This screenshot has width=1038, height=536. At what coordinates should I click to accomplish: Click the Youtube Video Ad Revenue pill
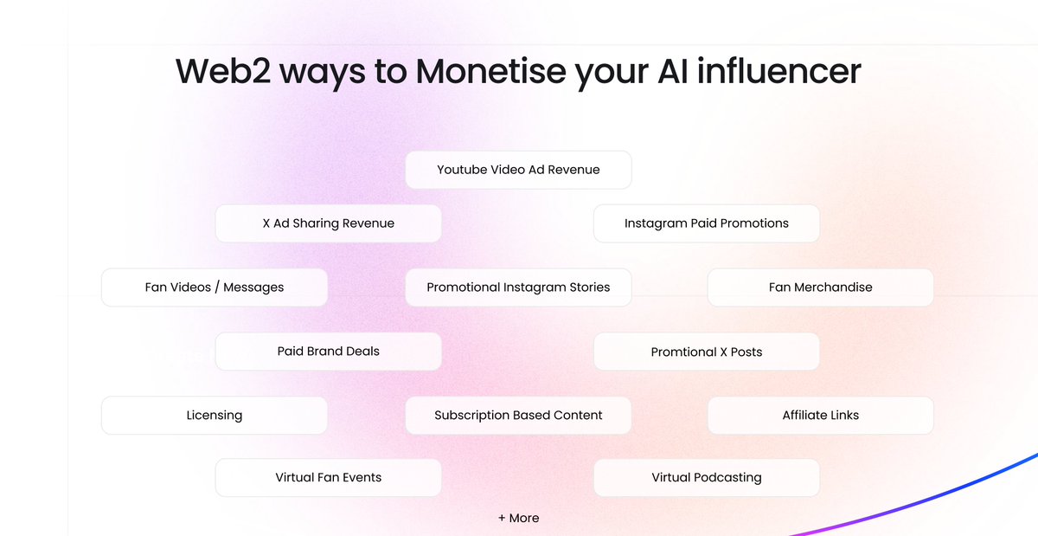[518, 170]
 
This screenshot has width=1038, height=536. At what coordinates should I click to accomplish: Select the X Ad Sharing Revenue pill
[328, 223]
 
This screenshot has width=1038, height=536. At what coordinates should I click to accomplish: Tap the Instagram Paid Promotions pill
[706, 223]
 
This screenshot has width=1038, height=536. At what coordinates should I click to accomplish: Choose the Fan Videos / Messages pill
[215, 287]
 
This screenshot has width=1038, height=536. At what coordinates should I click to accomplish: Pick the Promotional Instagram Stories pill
[518, 287]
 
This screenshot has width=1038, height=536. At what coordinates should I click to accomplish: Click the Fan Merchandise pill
[820, 287]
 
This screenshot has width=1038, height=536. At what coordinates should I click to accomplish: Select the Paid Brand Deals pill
[328, 352]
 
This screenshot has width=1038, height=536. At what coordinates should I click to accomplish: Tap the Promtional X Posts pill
[706, 352]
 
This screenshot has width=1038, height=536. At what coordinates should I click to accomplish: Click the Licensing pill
[215, 416]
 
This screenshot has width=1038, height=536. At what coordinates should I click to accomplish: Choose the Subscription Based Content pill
[518, 416]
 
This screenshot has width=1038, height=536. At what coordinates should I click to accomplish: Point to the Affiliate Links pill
[820, 416]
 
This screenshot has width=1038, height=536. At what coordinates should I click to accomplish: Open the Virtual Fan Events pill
[328, 478]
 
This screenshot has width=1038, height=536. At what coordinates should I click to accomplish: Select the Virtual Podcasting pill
[706, 478]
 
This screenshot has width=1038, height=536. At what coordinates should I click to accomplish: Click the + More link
[518, 518]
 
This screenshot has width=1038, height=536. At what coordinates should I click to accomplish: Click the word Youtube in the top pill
[462, 170]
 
